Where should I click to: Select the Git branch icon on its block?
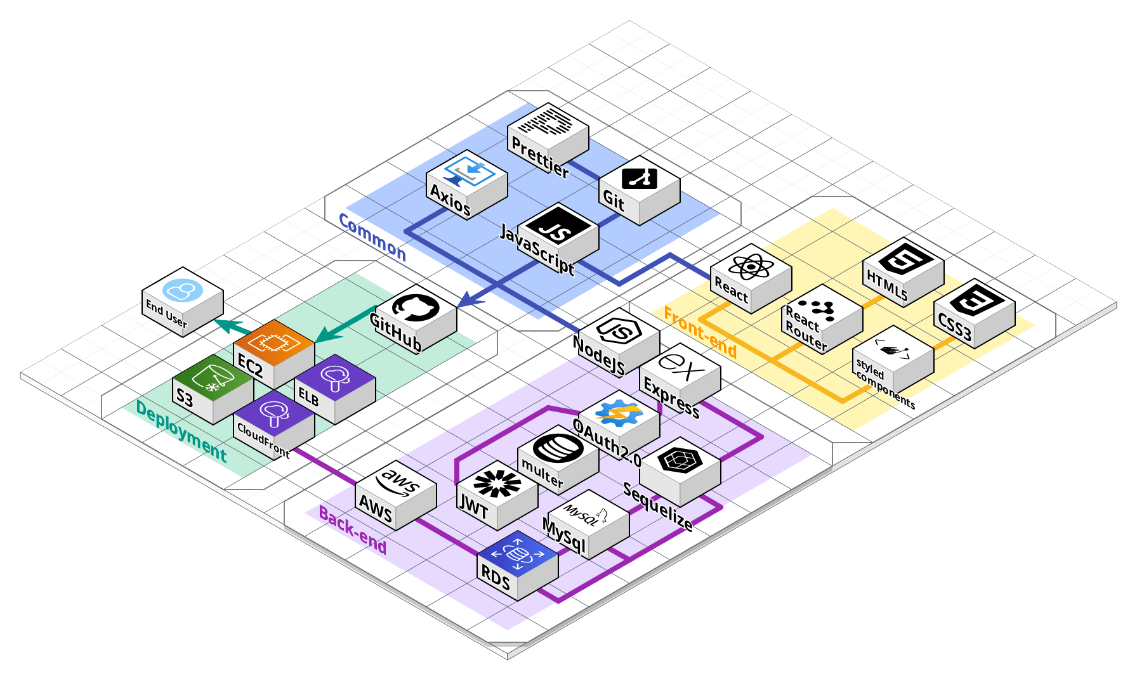point(639,177)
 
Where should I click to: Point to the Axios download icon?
point(468,170)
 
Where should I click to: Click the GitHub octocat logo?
point(416,307)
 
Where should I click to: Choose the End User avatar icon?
point(183,290)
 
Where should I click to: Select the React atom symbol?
point(751,266)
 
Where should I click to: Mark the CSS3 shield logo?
point(975,300)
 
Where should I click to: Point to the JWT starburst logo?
point(497,484)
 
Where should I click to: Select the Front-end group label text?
point(700,332)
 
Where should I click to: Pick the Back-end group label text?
point(353,530)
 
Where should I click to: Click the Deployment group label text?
point(181,432)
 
